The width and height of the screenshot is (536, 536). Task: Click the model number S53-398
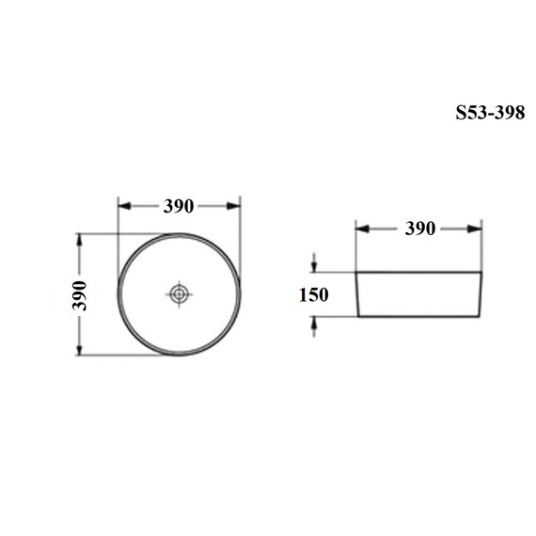[490, 113]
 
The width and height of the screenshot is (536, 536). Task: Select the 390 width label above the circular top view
[179, 206]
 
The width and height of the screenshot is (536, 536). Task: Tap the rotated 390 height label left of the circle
[80, 295]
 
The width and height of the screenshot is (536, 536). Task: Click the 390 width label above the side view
[420, 229]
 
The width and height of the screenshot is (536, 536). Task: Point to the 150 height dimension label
[314, 294]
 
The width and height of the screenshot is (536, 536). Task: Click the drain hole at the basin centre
[179, 294]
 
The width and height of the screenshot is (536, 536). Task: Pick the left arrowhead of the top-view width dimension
[124, 206]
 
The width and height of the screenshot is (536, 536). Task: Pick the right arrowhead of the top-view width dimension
[234, 206]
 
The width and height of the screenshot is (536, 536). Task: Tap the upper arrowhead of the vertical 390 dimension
[79, 241]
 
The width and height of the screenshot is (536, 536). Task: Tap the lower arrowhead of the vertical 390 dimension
[79, 349]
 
